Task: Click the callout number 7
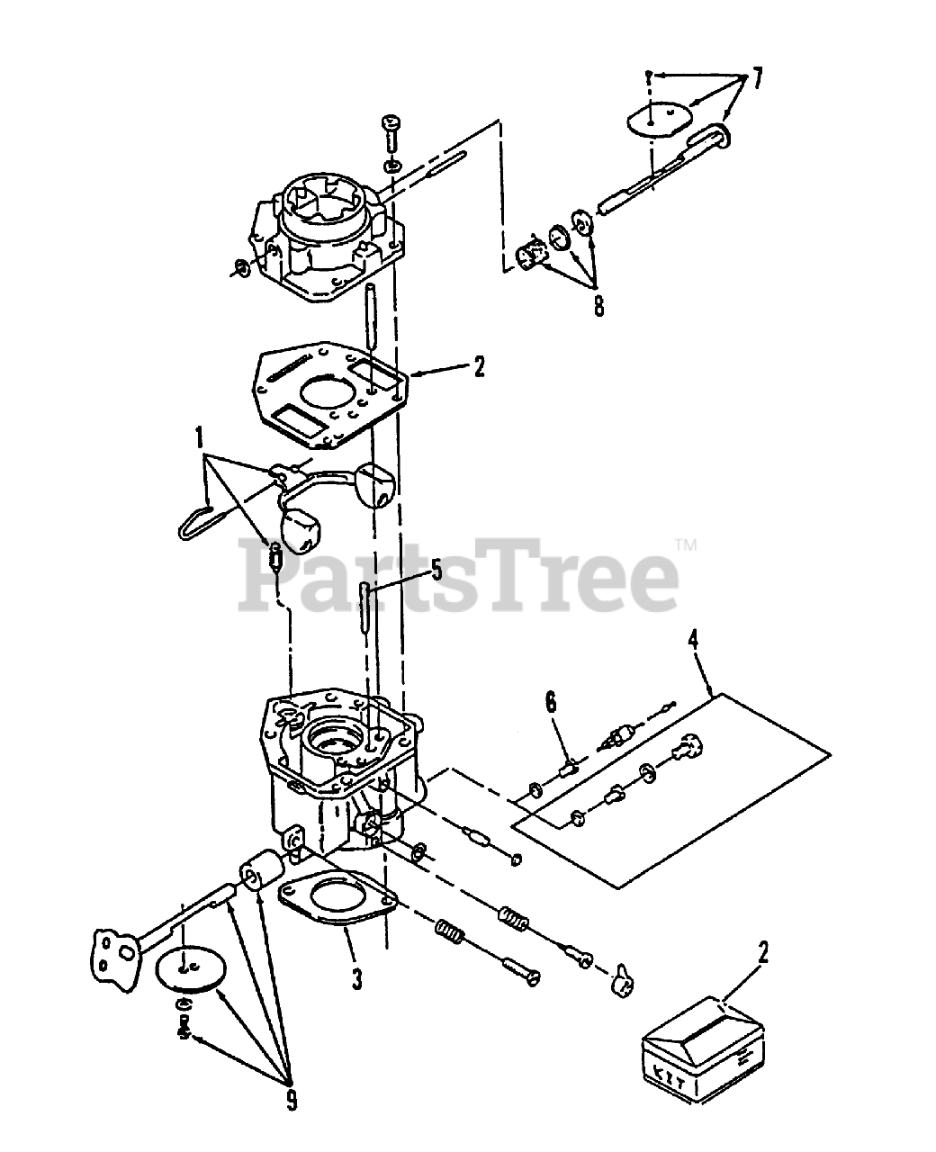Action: [x=757, y=79]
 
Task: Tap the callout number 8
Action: [x=598, y=307]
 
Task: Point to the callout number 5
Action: [x=436, y=570]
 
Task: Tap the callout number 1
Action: [x=200, y=437]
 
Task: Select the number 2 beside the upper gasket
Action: [x=479, y=367]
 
